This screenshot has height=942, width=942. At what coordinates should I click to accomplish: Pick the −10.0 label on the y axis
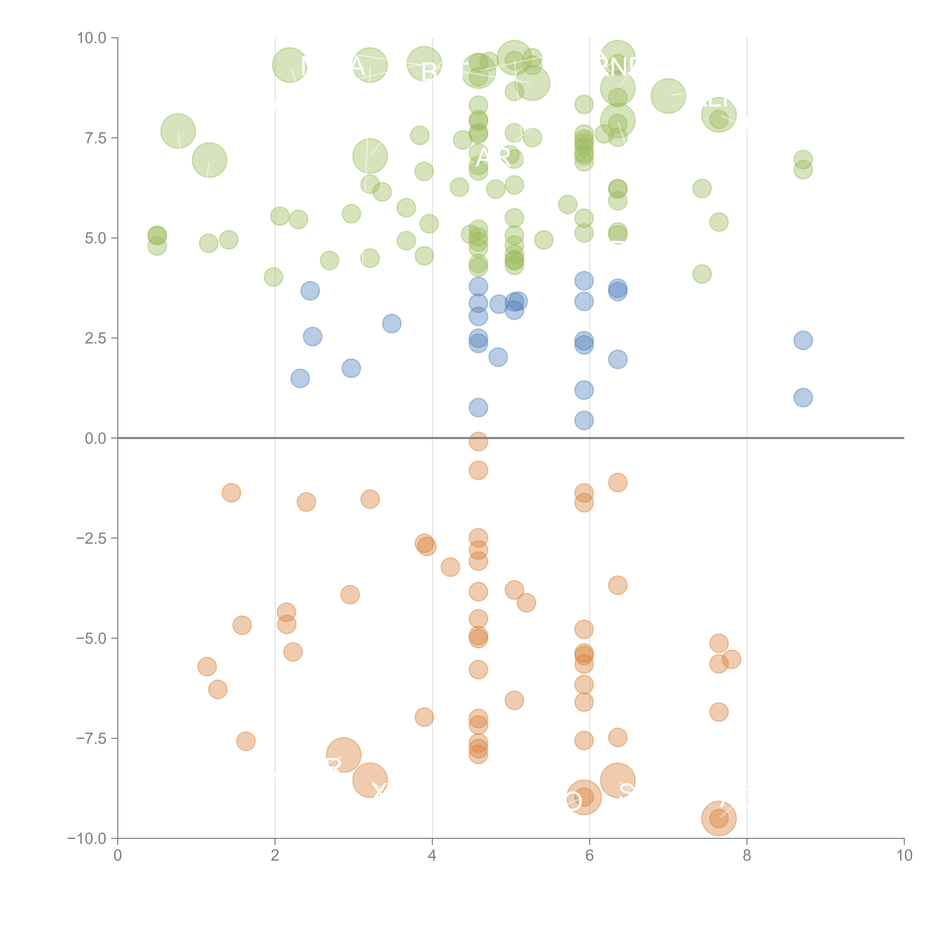click(87, 839)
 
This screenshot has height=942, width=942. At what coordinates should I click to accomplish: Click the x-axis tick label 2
click(275, 856)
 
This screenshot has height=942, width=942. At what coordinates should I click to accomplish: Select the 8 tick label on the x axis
click(747, 856)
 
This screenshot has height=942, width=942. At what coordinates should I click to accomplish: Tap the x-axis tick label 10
click(904, 856)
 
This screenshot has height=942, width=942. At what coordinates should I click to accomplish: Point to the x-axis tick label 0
click(118, 856)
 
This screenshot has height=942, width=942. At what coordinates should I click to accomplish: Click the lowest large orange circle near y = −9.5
click(719, 818)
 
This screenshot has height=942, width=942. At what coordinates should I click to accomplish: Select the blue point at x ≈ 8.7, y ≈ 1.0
click(803, 397)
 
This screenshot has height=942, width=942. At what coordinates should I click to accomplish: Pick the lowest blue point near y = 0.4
click(584, 420)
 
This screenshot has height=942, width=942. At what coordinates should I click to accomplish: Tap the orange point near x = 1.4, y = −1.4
click(231, 492)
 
